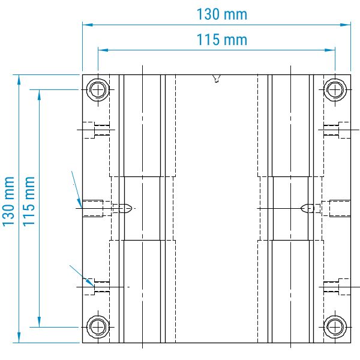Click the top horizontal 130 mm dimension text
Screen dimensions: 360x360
tap(221, 14)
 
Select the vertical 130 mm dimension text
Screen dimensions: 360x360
tap(8, 202)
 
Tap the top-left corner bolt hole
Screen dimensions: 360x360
tap(97, 90)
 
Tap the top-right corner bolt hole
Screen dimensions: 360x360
tap(334, 90)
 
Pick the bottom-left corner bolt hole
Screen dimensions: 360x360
tap(97, 326)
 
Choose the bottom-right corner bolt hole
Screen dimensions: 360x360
tap(334, 326)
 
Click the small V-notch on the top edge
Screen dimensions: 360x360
tap(216, 78)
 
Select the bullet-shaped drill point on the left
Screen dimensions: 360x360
tap(123, 208)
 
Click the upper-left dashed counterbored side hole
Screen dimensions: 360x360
tap(96, 130)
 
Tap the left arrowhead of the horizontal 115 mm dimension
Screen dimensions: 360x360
tap(101, 50)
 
